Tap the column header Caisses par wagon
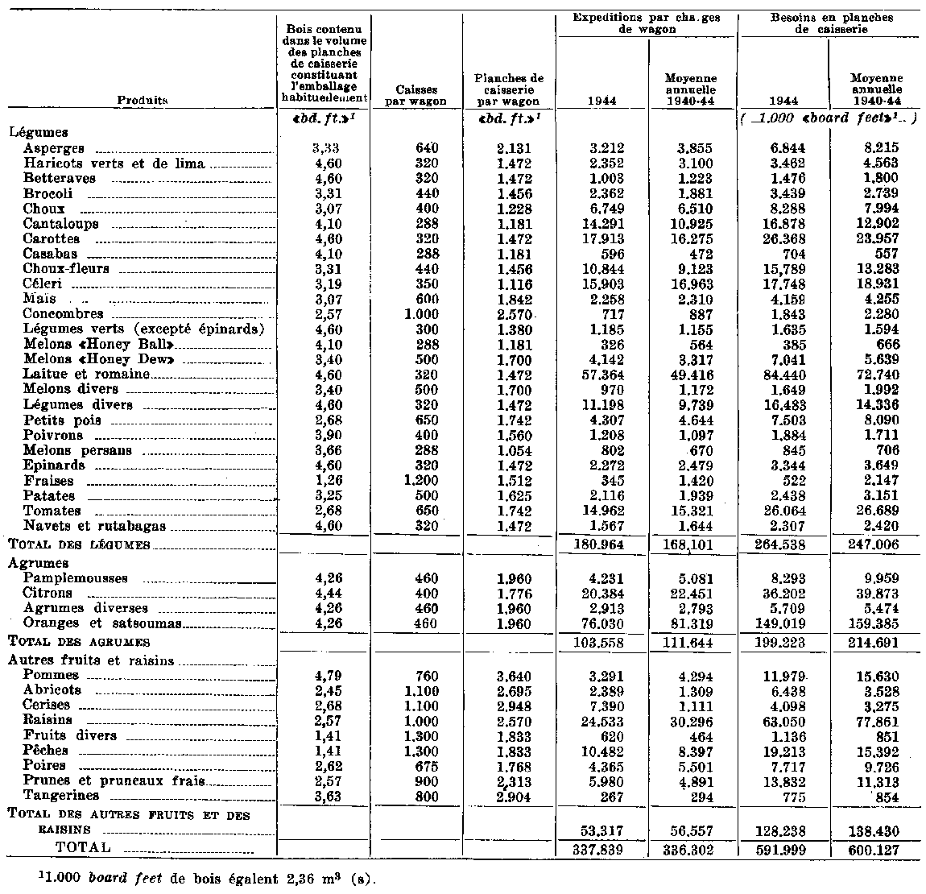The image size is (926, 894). click(416, 96)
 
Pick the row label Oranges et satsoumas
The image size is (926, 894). click(92, 623)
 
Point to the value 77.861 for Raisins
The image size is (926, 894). click(876, 720)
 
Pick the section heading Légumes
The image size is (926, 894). click(38, 133)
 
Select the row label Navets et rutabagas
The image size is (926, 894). click(94, 526)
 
